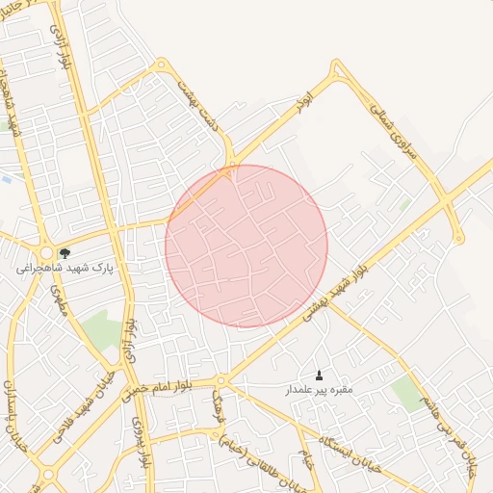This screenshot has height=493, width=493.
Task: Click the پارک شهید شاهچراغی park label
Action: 65,269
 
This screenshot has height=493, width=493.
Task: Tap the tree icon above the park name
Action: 65,254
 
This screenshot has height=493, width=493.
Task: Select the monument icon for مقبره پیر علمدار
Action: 319,375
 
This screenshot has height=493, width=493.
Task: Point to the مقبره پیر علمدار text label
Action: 319,390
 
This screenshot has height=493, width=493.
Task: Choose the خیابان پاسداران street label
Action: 12,420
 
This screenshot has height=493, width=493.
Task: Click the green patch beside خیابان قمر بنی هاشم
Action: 408,394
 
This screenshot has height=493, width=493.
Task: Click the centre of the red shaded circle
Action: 246,246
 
